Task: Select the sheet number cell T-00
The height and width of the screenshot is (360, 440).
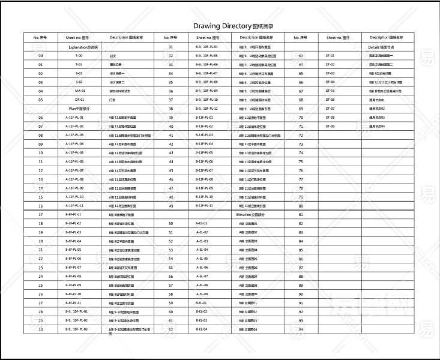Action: [79, 55]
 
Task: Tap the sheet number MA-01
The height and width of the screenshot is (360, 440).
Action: [79, 91]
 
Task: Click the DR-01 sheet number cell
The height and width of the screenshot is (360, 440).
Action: [79, 100]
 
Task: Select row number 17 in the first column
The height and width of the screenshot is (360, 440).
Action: [40, 214]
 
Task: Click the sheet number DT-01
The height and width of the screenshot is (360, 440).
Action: [330, 55]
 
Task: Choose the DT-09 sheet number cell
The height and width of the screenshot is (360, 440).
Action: [330, 126]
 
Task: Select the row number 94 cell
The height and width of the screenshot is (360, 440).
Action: [300, 329]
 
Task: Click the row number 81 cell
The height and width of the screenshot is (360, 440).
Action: [300, 214]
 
